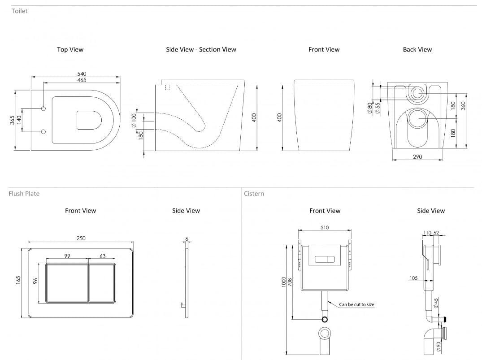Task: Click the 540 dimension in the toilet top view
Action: pyautogui.click(x=82, y=74)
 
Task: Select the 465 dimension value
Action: pyautogui.click(x=82, y=80)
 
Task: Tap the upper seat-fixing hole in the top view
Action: pyautogui.click(x=43, y=108)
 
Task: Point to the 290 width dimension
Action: pyautogui.click(x=417, y=157)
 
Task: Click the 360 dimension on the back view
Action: pyautogui.click(x=463, y=105)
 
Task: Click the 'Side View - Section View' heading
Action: pyautogui.click(x=201, y=49)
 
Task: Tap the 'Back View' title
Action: pyautogui.click(x=417, y=49)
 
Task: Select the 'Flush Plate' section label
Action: pyautogui.click(x=24, y=194)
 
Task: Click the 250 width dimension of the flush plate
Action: pyautogui.click(x=81, y=238)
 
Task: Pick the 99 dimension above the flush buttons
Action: pyautogui.click(x=67, y=256)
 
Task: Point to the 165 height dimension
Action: pyautogui.click(x=18, y=279)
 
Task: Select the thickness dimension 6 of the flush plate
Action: pyautogui.click(x=187, y=239)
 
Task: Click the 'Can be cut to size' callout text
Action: pyautogui.click(x=356, y=304)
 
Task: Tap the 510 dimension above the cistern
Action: pyautogui.click(x=325, y=227)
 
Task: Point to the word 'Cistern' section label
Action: pyautogui.click(x=254, y=194)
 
